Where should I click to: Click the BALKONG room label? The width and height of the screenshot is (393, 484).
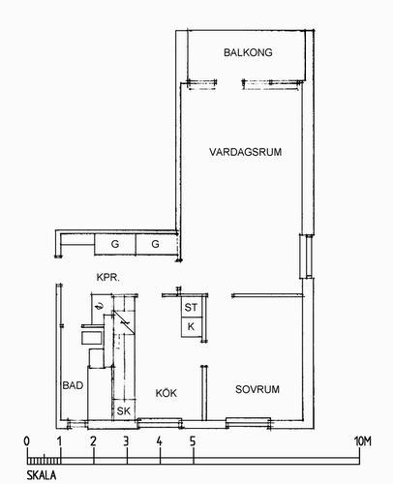click(248, 52)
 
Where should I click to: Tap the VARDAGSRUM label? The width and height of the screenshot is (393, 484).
click(245, 152)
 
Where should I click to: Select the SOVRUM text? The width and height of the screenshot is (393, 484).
click(257, 389)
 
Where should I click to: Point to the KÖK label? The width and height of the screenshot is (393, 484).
click(166, 393)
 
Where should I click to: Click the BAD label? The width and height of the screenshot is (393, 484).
click(73, 385)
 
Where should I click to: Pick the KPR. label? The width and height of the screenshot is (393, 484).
click(108, 277)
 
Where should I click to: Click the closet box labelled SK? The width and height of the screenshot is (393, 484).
click(124, 410)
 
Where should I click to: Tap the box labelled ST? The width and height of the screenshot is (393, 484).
click(192, 307)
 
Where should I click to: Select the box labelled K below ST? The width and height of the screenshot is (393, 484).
click(192, 327)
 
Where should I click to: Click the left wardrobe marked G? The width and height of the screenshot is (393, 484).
click(115, 244)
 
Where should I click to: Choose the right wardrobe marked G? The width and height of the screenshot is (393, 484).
click(156, 244)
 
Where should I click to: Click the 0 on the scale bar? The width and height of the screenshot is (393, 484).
click(27, 441)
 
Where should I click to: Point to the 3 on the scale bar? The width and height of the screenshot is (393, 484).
click(126, 441)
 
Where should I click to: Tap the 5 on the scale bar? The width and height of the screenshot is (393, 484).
click(193, 441)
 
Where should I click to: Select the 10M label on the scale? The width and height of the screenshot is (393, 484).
click(363, 441)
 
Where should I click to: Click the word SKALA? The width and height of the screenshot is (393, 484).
click(42, 475)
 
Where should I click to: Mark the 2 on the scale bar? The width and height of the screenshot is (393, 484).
click(93, 441)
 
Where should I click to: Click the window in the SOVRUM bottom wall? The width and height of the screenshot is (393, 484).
click(248, 422)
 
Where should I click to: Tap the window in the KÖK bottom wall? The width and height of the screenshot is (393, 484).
click(160, 423)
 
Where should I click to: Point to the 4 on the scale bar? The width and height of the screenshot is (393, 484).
click(160, 441)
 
